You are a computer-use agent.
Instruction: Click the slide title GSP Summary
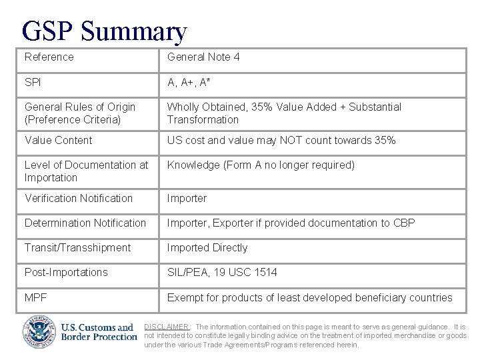(x=104, y=30)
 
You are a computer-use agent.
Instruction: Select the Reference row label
(x=49, y=57)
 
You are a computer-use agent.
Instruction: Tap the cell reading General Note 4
(x=203, y=57)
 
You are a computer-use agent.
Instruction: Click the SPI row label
(x=33, y=82)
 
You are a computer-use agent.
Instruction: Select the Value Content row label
(x=59, y=140)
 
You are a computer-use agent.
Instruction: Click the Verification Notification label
(x=79, y=198)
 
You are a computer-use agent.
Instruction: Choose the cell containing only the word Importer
(x=187, y=198)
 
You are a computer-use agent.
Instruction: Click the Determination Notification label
(x=85, y=223)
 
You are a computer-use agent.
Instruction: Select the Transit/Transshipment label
(x=78, y=247)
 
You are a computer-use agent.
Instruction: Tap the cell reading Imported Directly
(x=207, y=247)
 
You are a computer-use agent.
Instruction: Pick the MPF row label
(x=35, y=297)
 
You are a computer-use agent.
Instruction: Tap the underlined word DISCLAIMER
(x=168, y=327)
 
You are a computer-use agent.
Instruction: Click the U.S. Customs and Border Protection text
(x=99, y=332)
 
